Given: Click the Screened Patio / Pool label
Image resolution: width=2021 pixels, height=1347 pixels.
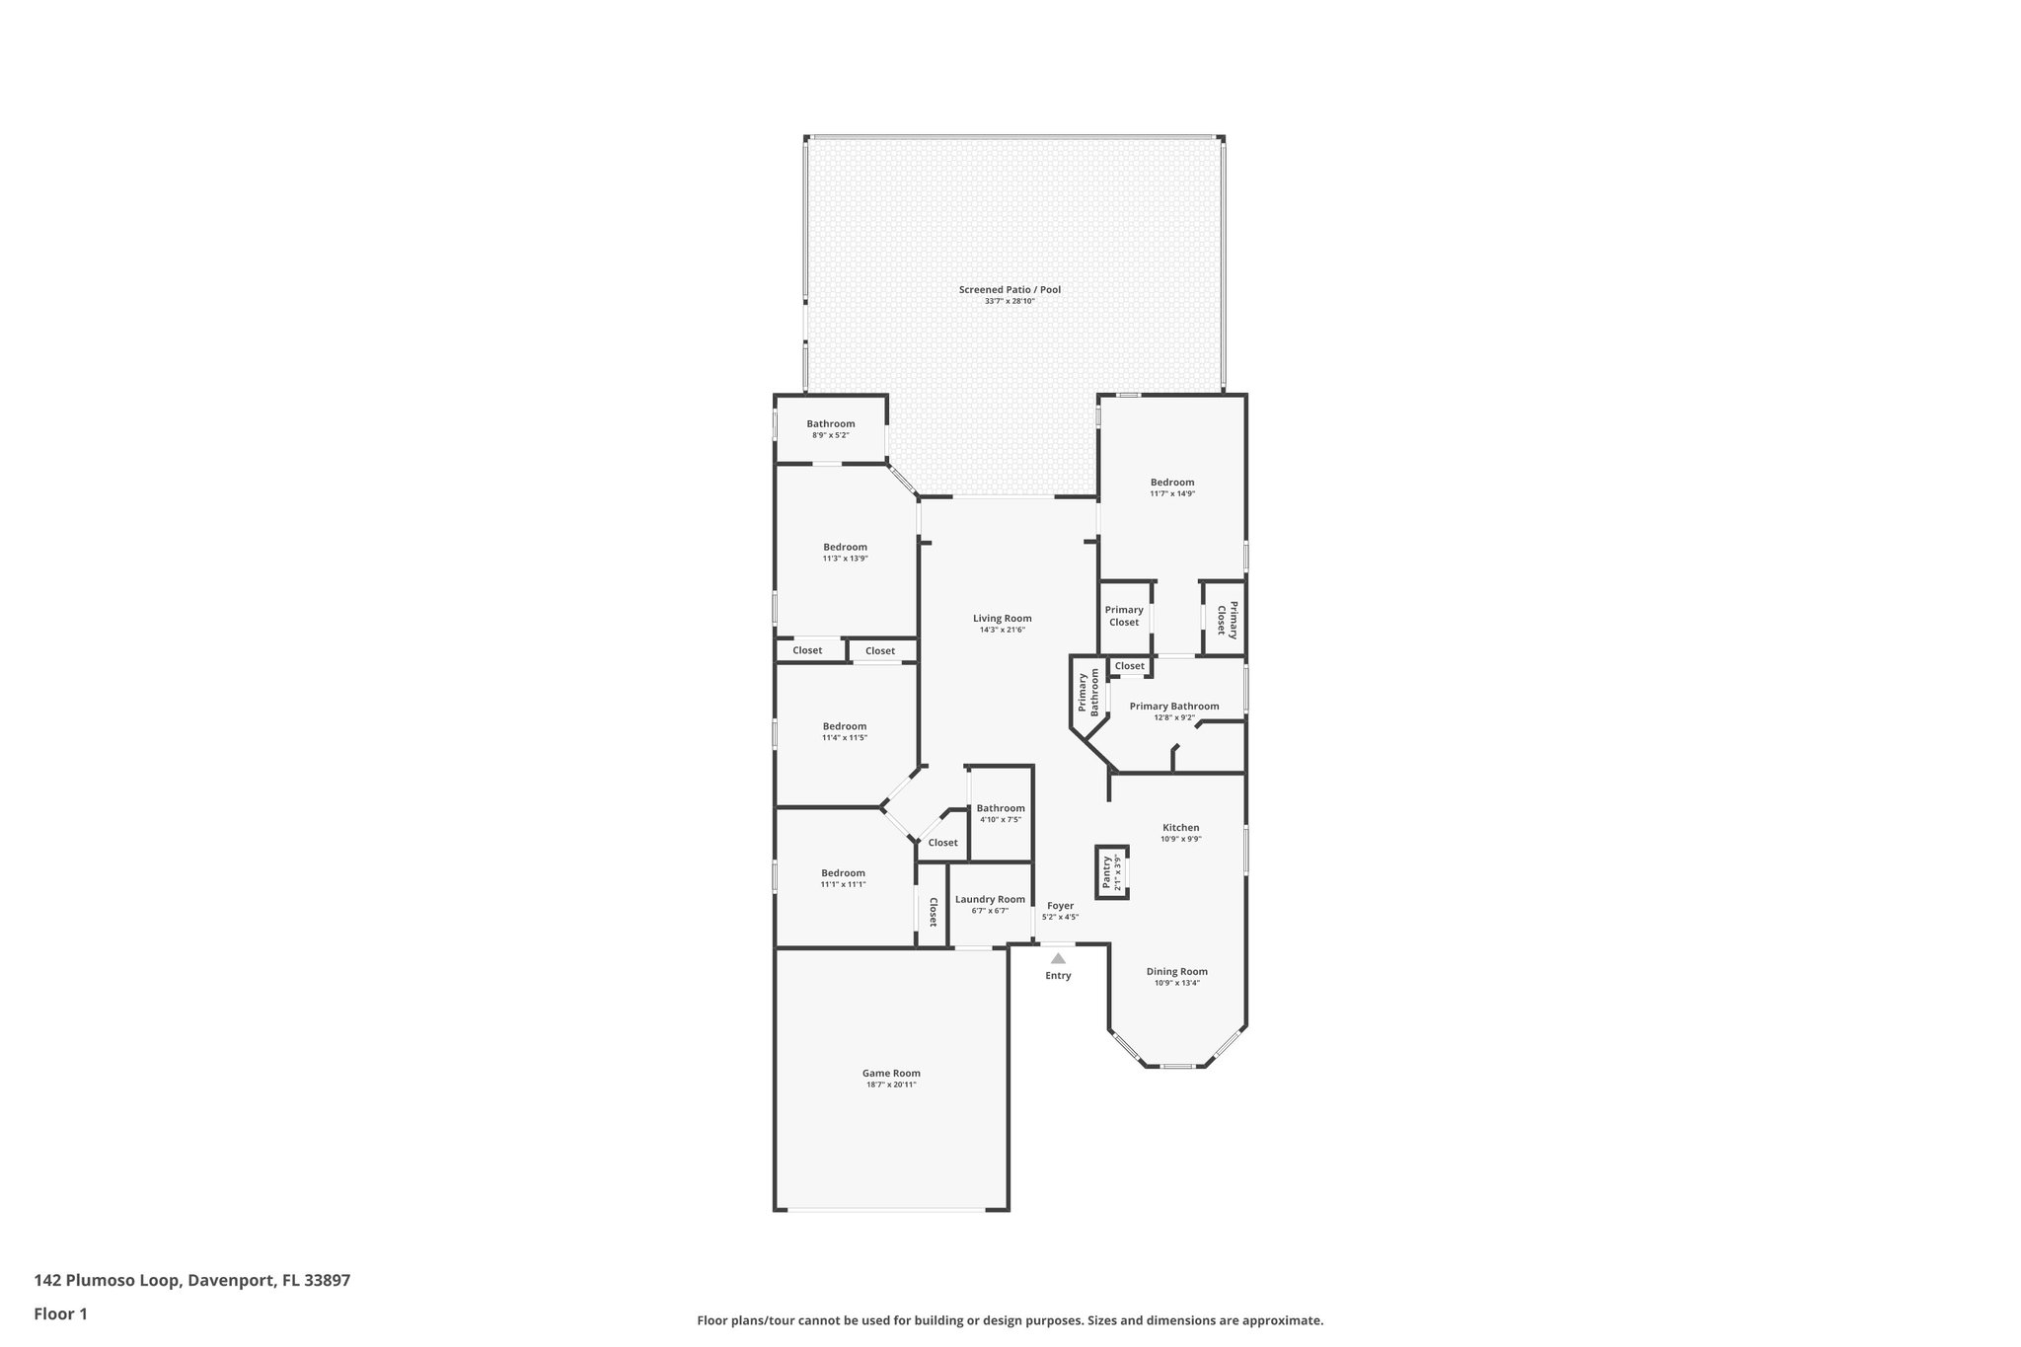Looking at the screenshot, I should [1010, 290].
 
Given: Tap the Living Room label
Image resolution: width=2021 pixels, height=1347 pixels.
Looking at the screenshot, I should [1002, 619].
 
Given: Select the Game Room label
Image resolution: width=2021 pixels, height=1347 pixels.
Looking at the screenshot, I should [891, 1074].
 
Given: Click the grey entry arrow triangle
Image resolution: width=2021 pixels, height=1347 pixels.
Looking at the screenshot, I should [1058, 958].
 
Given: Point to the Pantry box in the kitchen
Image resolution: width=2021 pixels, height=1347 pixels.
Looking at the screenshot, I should [1112, 872].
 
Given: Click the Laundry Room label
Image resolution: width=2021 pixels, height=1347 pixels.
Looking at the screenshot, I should [990, 900].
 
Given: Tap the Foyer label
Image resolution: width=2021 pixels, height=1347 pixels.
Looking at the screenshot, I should [1060, 906].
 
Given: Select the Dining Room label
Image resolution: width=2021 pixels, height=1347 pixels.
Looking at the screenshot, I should [1176, 972].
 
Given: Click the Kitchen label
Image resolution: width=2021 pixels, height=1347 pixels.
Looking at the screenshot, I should [1180, 828].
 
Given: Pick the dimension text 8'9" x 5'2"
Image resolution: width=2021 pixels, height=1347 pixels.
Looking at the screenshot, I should [830, 435].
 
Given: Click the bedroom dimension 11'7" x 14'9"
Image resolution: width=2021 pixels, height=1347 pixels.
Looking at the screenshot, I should [1171, 493].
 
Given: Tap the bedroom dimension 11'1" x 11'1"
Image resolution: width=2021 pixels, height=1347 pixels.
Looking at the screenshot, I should [843, 884].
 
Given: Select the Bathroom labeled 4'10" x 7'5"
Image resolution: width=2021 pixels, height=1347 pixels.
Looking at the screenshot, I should [1001, 809].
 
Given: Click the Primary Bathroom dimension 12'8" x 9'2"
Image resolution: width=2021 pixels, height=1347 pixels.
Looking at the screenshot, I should [1173, 717].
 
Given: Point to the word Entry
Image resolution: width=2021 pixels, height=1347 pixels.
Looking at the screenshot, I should [1058, 976].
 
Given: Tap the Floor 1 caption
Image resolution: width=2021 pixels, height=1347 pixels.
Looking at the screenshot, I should [60, 1313].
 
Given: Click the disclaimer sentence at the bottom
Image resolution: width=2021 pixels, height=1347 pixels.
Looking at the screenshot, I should [1010, 1320].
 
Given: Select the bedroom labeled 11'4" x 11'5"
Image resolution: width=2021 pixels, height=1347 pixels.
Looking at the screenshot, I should [845, 727].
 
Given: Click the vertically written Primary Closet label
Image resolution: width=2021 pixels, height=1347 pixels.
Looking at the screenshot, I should [1227, 620].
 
